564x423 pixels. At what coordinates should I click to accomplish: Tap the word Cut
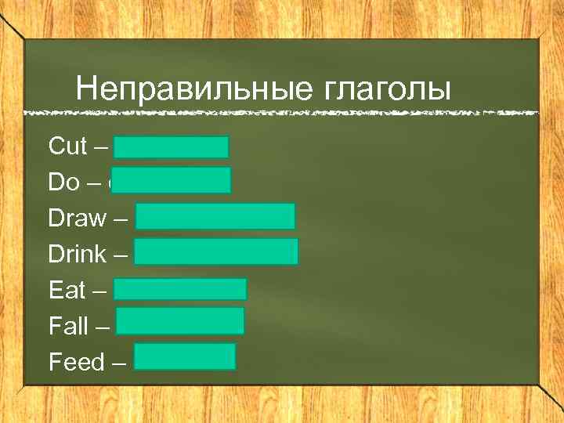[67, 146]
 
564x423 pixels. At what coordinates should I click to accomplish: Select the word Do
[64, 182]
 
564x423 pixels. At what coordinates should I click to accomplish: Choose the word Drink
[77, 254]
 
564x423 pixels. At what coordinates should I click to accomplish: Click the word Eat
[67, 290]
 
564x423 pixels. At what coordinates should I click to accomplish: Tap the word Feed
[76, 362]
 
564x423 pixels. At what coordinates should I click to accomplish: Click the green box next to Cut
[171, 147]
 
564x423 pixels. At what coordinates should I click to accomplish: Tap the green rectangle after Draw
[215, 216]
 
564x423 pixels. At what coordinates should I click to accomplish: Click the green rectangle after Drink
[215, 252]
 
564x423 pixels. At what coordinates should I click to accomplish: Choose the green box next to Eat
[180, 289]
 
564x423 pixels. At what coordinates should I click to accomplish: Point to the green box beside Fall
[179, 321]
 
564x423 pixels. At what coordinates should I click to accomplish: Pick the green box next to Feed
[184, 356]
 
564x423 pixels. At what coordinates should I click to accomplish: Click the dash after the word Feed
[119, 363]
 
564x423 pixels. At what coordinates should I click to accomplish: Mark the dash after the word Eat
[99, 291]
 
